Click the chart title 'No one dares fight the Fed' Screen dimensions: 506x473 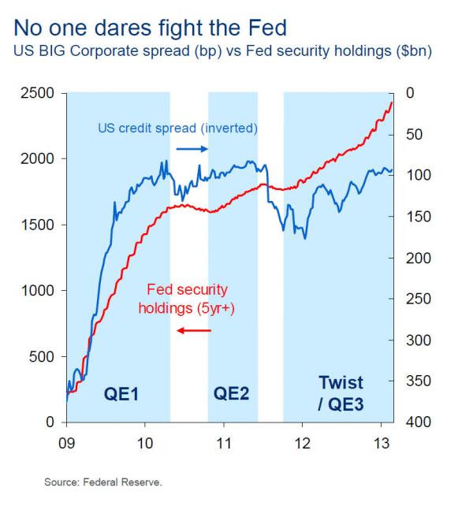click(x=149, y=29)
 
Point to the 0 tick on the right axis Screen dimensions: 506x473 click(x=408, y=93)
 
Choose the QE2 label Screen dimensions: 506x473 click(x=231, y=393)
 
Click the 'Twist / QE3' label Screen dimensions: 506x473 click(x=341, y=393)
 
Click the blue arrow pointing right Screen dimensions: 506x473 click(x=191, y=148)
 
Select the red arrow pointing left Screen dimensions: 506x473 click(x=194, y=329)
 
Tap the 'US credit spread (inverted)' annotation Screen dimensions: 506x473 click(x=177, y=128)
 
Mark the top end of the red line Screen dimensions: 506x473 click(x=392, y=102)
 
